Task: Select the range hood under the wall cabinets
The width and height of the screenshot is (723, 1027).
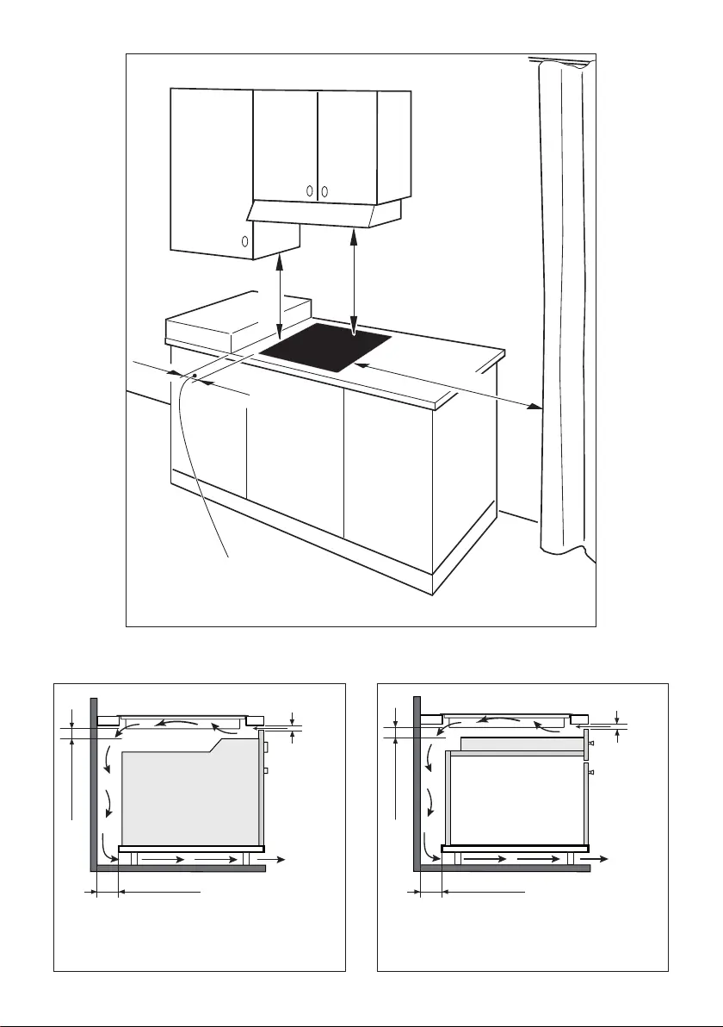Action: point(327,214)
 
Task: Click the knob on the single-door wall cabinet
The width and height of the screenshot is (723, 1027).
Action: point(244,242)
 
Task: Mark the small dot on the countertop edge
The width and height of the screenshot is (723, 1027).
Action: point(195,376)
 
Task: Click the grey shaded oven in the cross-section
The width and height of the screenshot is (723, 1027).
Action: point(189,797)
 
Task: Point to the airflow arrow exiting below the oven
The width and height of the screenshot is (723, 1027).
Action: point(275,859)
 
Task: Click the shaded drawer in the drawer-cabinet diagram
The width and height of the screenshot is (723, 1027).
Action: point(522,744)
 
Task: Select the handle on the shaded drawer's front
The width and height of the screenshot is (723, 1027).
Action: point(591,743)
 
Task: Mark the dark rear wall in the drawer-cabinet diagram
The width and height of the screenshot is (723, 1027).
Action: point(417,775)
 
